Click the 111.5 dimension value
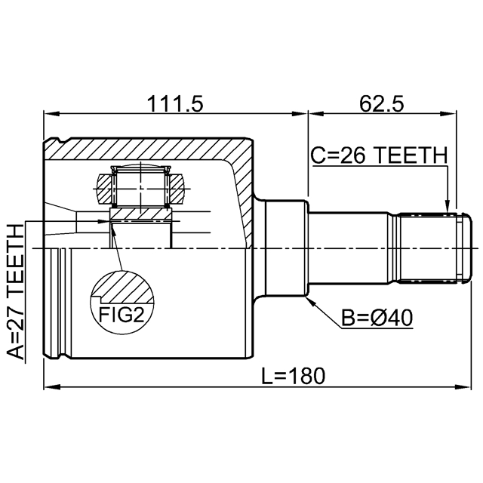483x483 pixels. [175, 104]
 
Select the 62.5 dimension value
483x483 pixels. [381, 104]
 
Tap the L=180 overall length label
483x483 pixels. [293, 376]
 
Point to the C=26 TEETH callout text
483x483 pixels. [379, 155]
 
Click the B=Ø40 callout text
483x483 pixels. [377, 318]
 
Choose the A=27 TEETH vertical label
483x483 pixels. [15, 292]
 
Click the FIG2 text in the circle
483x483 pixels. [122, 315]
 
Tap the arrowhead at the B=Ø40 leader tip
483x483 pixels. [312, 302]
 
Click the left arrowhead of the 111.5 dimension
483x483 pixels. [51, 114]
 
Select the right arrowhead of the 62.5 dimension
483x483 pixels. [449, 114]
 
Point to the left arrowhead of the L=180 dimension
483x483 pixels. [51, 386]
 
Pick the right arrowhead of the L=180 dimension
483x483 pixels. [464, 386]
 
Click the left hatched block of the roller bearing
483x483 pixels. [104, 189]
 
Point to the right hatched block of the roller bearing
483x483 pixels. [176, 189]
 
